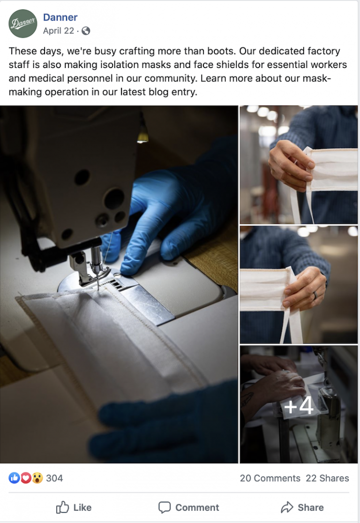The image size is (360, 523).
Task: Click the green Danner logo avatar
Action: click(22, 23)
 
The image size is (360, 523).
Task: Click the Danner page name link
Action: click(60, 17)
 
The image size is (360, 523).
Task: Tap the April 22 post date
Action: click(58, 30)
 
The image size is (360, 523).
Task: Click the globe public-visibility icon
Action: click(86, 30)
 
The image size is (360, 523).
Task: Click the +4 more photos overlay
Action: click(299, 406)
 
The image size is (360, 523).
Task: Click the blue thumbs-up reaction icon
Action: click(14, 478)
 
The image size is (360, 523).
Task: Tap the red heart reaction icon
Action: click(26, 478)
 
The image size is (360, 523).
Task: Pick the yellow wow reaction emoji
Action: click(37, 478)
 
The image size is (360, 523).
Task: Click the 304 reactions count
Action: click(54, 478)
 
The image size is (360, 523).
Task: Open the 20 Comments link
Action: click(270, 478)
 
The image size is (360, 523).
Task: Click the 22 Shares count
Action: click(327, 478)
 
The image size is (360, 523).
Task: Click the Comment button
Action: click(188, 508)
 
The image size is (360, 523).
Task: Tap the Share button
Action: click(302, 508)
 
